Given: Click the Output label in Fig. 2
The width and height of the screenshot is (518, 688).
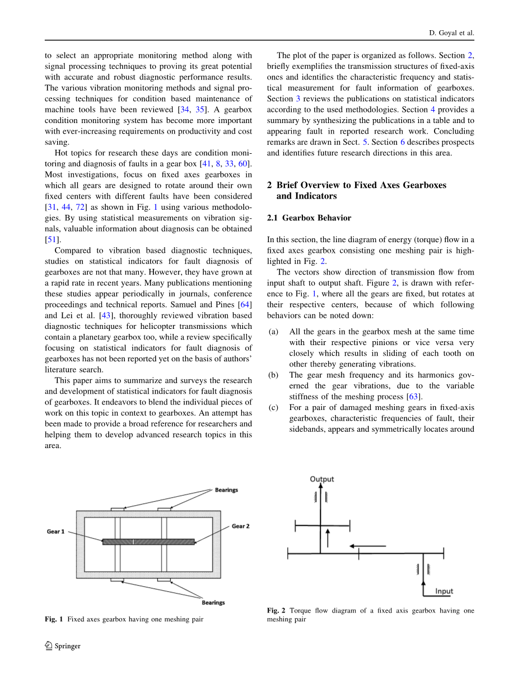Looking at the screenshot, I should (321, 479).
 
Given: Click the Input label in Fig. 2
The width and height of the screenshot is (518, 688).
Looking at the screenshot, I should (444, 591).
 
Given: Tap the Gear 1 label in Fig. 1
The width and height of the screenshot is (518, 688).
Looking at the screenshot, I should (55, 531).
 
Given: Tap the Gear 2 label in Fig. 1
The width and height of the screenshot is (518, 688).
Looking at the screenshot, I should (241, 526).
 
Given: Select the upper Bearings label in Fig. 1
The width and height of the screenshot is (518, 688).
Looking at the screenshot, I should (226, 490).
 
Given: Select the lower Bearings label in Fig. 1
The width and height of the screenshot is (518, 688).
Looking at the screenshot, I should (213, 602).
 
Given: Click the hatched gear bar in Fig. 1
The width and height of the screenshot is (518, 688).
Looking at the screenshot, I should (148, 541).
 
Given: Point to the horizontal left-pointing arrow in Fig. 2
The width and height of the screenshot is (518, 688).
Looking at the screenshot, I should (367, 545).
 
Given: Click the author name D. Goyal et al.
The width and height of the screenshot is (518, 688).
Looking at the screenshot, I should (447, 33).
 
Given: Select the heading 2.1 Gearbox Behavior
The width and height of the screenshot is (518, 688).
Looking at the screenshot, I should (309, 218).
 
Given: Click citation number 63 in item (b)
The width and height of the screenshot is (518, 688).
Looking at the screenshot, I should (415, 397).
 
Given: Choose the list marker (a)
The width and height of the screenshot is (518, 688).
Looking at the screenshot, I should (273, 332).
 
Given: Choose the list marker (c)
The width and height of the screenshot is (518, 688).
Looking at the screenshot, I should (273, 408).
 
